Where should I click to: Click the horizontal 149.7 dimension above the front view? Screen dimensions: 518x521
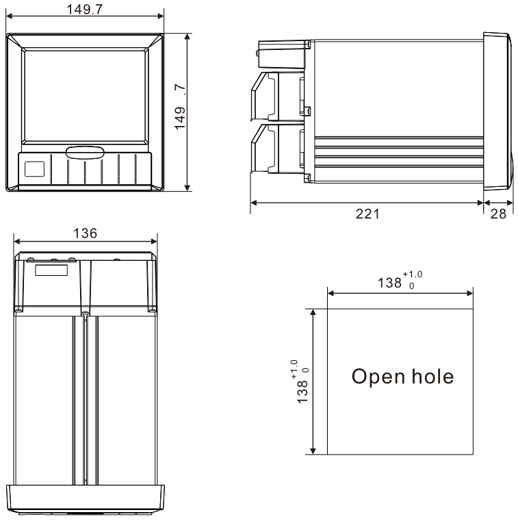pyautogui.click(x=85, y=10)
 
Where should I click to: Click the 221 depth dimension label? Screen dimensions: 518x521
pyautogui.click(x=367, y=214)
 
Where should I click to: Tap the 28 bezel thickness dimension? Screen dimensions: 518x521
pyautogui.click(x=498, y=214)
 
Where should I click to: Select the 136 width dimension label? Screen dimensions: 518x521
pyautogui.click(x=85, y=233)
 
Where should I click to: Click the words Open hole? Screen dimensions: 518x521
pyautogui.click(x=402, y=377)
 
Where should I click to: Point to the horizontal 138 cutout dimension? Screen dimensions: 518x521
pyautogui.click(x=389, y=283)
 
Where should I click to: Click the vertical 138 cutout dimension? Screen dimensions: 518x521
pyautogui.click(x=302, y=392)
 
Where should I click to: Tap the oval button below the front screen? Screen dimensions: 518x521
pyautogui.click(x=85, y=153)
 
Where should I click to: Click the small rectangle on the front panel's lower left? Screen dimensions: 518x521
pyautogui.click(x=34, y=169)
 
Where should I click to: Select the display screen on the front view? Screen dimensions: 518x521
pyautogui.click(x=85, y=96)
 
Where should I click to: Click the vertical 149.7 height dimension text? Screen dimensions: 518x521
pyautogui.click(x=180, y=107)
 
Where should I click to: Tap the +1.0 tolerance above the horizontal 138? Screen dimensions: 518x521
pyautogui.click(x=413, y=275)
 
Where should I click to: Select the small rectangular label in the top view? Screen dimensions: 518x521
pyautogui.click(x=51, y=270)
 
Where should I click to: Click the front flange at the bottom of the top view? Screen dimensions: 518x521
pyautogui.click(x=86, y=499)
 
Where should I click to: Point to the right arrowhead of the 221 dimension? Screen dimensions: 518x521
pyautogui.click(x=480, y=203)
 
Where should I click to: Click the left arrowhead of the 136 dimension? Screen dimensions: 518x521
pyautogui.click(x=17, y=241)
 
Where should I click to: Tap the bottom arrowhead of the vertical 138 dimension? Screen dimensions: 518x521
pyautogui.click(x=313, y=450)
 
